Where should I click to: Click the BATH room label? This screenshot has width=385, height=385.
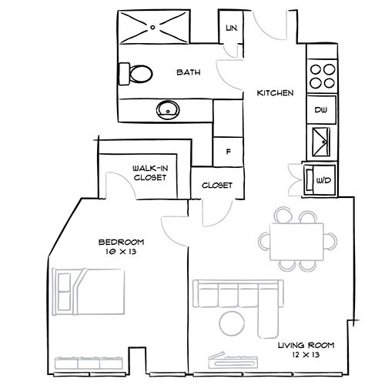click(189, 72)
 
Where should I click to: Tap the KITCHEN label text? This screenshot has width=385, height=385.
click(276, 93)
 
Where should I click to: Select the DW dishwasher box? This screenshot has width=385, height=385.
click(321, 110)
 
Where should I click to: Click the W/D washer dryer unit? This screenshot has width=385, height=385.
click(321, 179)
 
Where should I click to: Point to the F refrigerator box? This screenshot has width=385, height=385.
click(228, 150)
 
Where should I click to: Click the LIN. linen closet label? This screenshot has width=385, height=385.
click(231, 28)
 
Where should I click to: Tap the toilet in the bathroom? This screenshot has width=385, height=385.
click(137, 74)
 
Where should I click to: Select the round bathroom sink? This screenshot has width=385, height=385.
click(168, 108)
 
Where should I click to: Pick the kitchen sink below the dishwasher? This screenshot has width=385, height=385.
click(320, 141)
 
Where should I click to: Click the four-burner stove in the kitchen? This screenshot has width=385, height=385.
click(321, 74)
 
